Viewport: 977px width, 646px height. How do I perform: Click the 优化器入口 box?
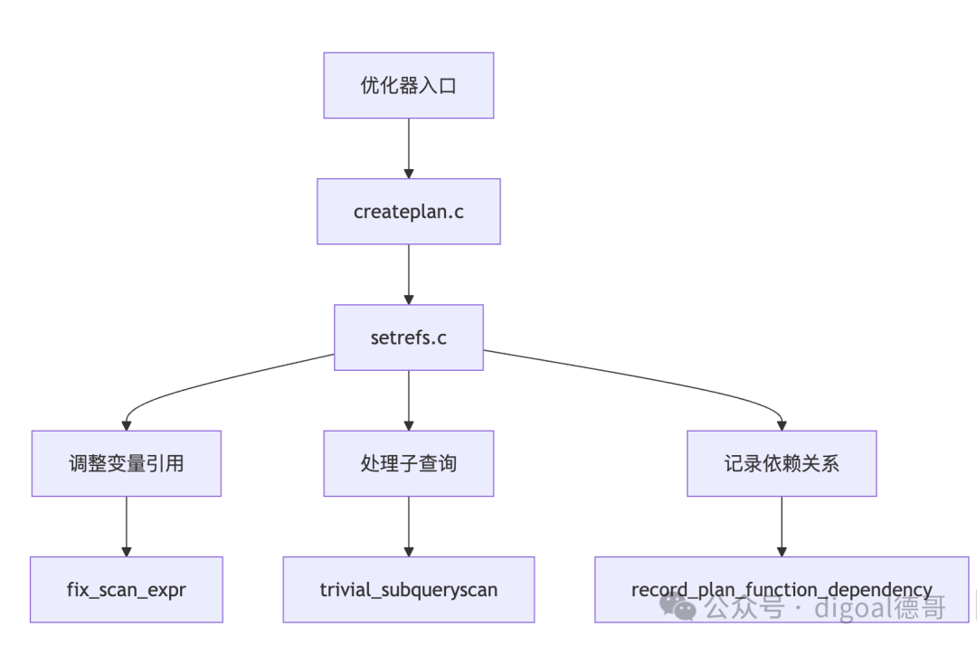pos(409,85)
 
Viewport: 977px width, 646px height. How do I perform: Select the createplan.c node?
pos(409,211)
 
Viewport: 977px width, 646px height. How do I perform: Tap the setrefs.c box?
pos(409,337)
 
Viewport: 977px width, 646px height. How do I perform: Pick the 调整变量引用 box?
pos(127,463)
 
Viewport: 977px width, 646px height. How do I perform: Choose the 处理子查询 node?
pos(409,463)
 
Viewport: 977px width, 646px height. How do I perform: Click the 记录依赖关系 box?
pos(782,463)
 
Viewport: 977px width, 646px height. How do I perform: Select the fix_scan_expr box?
pos(127,589)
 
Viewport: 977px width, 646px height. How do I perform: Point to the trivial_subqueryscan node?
pos(409,589)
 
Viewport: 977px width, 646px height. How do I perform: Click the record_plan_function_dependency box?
pos(782,589)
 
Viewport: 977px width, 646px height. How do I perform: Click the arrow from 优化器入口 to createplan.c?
pos(409,148)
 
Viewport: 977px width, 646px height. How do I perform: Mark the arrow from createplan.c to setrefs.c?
pos(409,274)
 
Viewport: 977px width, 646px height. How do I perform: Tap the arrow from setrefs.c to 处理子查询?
pos(409,401)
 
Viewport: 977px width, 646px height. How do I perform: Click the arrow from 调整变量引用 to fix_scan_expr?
pos(127,527)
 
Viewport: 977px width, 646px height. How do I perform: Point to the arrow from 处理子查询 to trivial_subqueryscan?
pos(409,527)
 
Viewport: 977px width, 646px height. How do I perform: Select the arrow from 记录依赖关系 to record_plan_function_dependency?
pos(782,527)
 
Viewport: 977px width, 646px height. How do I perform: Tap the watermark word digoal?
pos(853,607)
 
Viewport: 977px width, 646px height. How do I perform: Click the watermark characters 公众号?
pos(744,607)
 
